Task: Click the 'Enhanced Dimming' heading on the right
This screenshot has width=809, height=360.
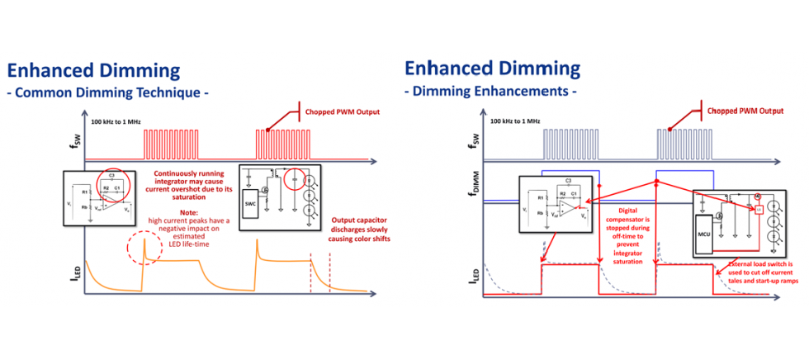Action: [492, 68]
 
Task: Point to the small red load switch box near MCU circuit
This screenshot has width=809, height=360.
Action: [757, 211]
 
